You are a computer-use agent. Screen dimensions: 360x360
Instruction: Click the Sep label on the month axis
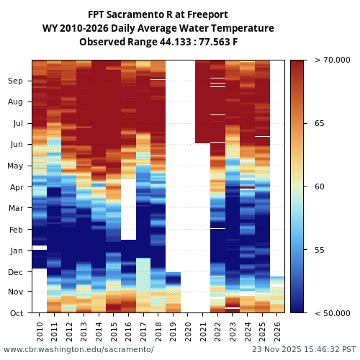[x=15, y=81]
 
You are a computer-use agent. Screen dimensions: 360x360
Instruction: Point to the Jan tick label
[x=15, y=251]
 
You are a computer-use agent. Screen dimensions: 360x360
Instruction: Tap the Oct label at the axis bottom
[x=15, y=313]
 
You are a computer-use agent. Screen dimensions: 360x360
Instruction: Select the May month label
[x=15, y=166]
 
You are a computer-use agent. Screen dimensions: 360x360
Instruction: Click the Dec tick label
[x=15, y=272]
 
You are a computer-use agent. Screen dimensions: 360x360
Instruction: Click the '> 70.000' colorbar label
[x=333, y=60]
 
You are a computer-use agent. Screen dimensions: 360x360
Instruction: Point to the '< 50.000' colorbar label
[x=333, y=313]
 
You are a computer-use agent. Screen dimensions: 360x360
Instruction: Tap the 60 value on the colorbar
[x=320, y=186]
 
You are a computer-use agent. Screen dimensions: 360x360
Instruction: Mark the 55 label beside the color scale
[x=320, y=250]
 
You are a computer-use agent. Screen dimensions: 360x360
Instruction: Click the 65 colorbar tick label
[x=320, y=123]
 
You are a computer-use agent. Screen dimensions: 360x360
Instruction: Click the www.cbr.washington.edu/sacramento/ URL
[x=78, y=349]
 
